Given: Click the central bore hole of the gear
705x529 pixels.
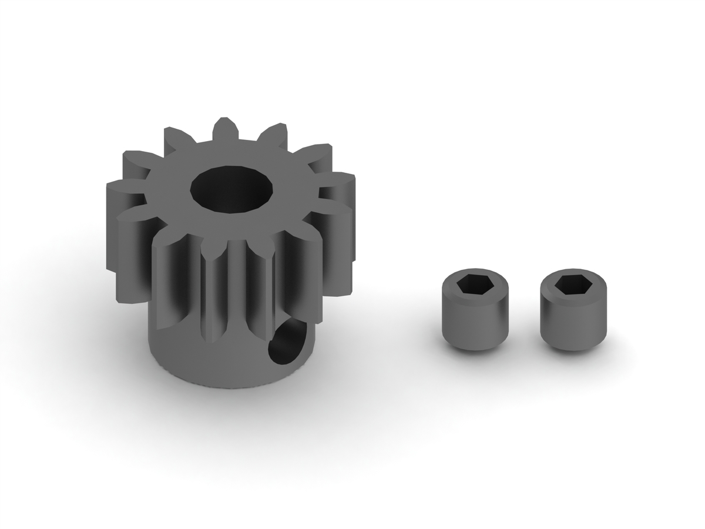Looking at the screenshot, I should click(x=231, y=188).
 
